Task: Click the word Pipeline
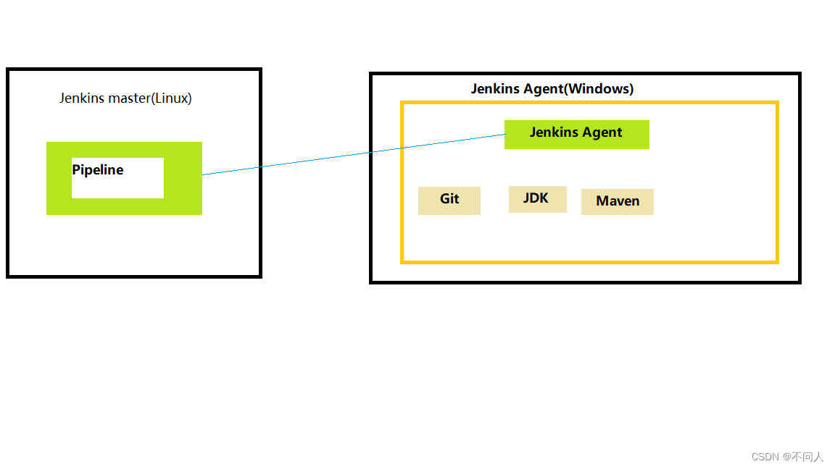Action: (x=98, y=170)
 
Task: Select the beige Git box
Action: (x=449, y=200)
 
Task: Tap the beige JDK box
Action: (x=536, y=198)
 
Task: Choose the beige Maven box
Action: (x=618, y=201)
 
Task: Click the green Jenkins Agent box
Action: (x=576, y=134)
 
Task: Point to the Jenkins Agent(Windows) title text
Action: (x=552, y=89)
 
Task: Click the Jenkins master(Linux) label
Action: (x=125, y=98)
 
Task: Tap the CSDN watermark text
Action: (x=765, y=457)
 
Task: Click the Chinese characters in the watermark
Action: (x=807, y=457)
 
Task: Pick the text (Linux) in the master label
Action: (x=171, y=98)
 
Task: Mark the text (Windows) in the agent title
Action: (x=599, y=89)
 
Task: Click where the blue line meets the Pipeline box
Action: (x=203, y=174)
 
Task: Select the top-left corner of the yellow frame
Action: (x=402, y=103)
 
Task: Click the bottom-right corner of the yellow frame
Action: (x=777, y=261)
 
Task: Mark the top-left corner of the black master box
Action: (x=8, y=69)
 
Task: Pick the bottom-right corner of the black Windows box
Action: (x=799, y=282)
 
